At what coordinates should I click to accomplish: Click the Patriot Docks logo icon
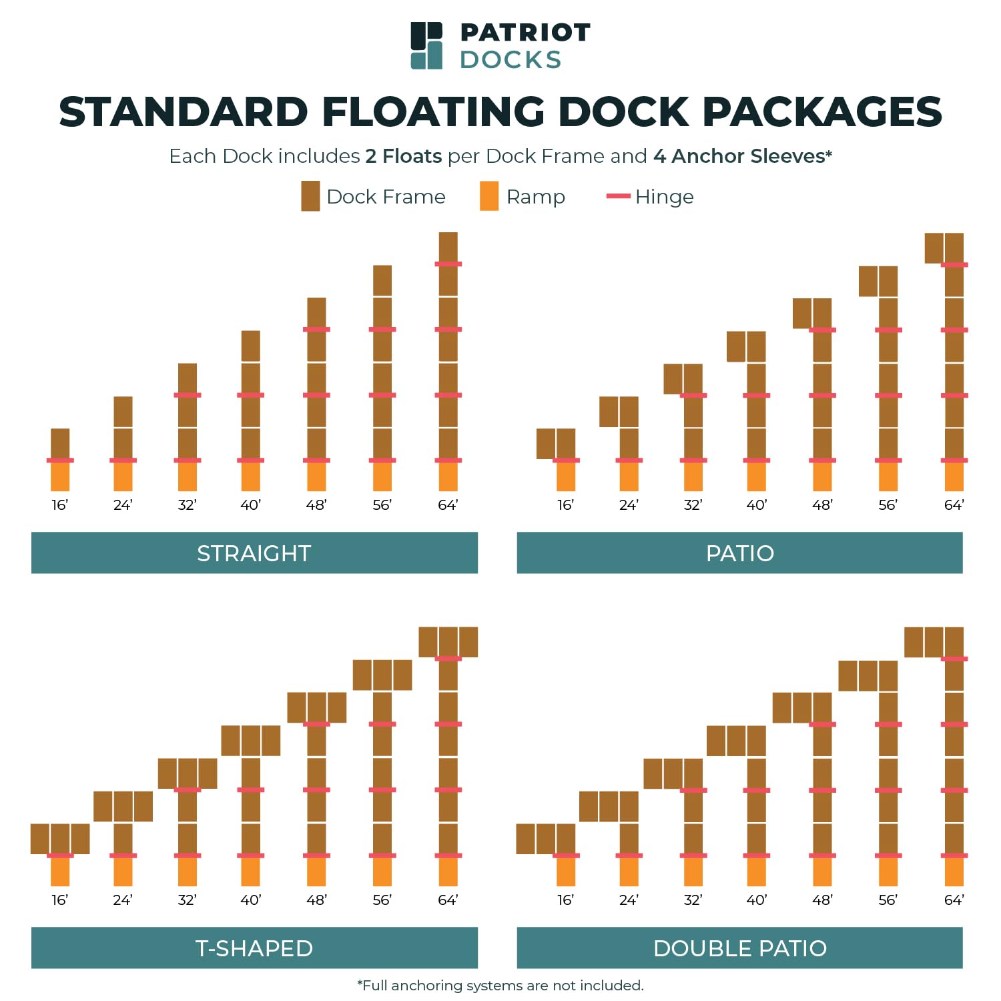pyautogui.click(x=426, y=45)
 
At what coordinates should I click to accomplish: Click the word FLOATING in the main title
pyautogui.click(x=433, y=111)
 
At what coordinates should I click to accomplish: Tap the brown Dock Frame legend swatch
pyautogui.click(x=310, y=196)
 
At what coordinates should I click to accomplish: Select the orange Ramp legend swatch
pyautogui.click(x=489, y=196)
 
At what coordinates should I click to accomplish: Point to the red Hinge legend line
pyautogui.click(x=618, y=196)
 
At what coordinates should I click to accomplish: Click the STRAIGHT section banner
pyautogui.click(x=254, y=553)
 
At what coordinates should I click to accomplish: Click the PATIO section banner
pyautogui.click(x=739, y=553)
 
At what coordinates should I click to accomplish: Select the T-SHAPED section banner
pyautogui.click(x=254, y=948)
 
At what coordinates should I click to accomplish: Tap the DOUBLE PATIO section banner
pyautogui.click(x=739, y=948)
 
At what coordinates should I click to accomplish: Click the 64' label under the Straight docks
pyautogui.click(x=448, y=505)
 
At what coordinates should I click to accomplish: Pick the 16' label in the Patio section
pyautogui.click(x=565, y=505)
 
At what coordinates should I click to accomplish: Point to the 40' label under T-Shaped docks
pyautogui.click(x=250, y=900)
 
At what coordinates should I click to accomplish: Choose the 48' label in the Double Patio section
pyautogui.click(x=822, y=900)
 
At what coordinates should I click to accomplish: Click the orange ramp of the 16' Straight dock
pyautogui.click(x=60, y=476)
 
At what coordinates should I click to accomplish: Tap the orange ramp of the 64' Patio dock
pyautogui.click(x=954, y=476)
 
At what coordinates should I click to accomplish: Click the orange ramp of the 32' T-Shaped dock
pyautogui.click(x=188, y=872)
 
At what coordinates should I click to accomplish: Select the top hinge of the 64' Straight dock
pyautogui.click(x=448, y=264)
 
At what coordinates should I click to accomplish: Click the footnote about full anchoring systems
pyautogui.click(x=500, y=986)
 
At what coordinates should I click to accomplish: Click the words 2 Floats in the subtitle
pyautogui.click(x=403, y=156)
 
